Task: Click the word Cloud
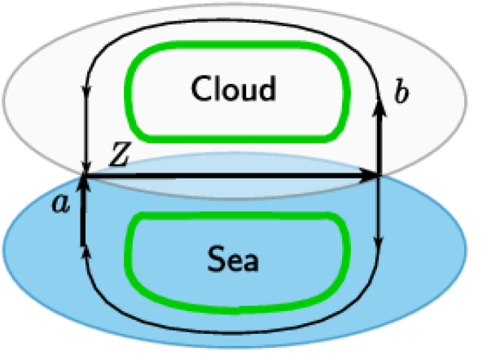[234, 88]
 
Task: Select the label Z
[119, 160]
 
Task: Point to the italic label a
[59, 204]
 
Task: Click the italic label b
[401, 93]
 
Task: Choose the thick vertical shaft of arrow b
[379, 138]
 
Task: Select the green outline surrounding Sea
[236, 297]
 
